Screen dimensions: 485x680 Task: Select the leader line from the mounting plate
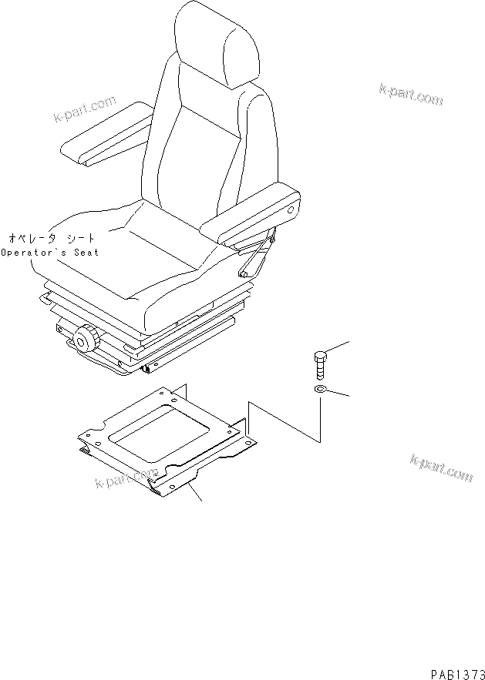click(196, 493)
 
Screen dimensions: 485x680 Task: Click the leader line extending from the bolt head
click(339, 347)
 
